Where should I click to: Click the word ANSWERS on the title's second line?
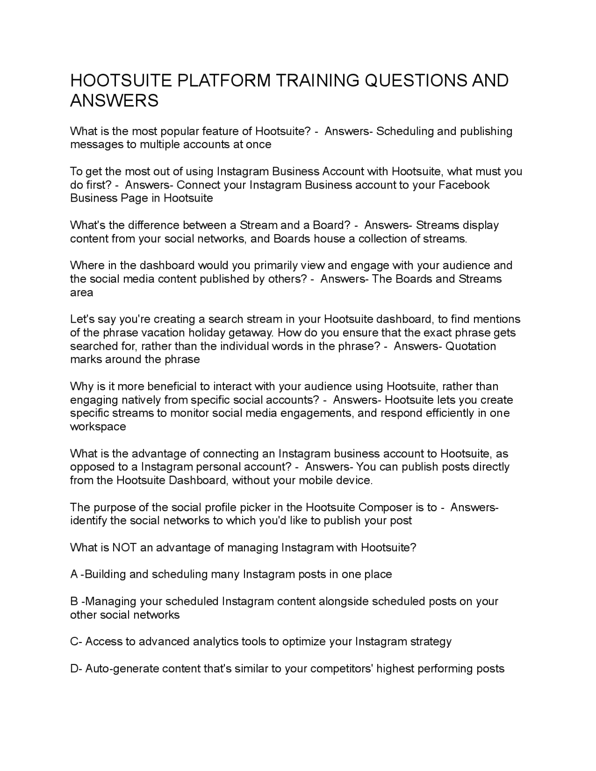[114, 101]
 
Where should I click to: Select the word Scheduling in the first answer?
[405, 131]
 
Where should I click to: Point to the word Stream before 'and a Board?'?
[258, 225]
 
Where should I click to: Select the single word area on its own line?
[81, 292]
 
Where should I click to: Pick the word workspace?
[98, 426]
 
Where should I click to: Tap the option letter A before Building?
[74, 574]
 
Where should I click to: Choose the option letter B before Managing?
[74, 601]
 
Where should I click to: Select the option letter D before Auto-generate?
[74, 669]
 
